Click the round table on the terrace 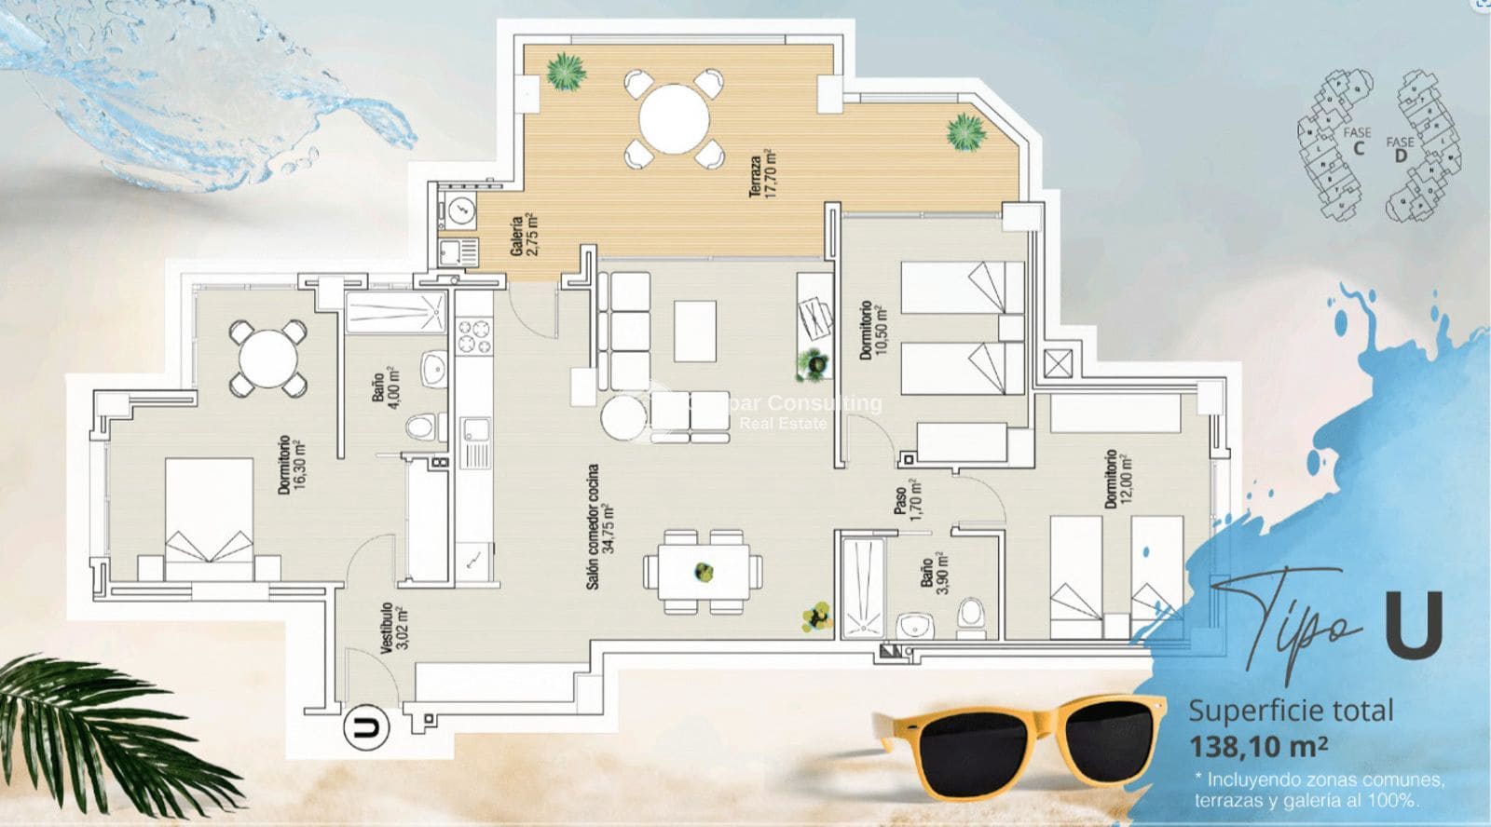(674, 119)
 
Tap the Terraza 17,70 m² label (761, 173)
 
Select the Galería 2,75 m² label (523, 235)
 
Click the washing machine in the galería (460, 211)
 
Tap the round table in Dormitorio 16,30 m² (268, 358)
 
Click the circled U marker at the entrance (366, 727)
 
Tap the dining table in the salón (703, 571)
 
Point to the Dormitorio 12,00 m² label (1116, 479)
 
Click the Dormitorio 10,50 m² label (872, 330)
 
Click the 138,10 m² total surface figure (1257, 746)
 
